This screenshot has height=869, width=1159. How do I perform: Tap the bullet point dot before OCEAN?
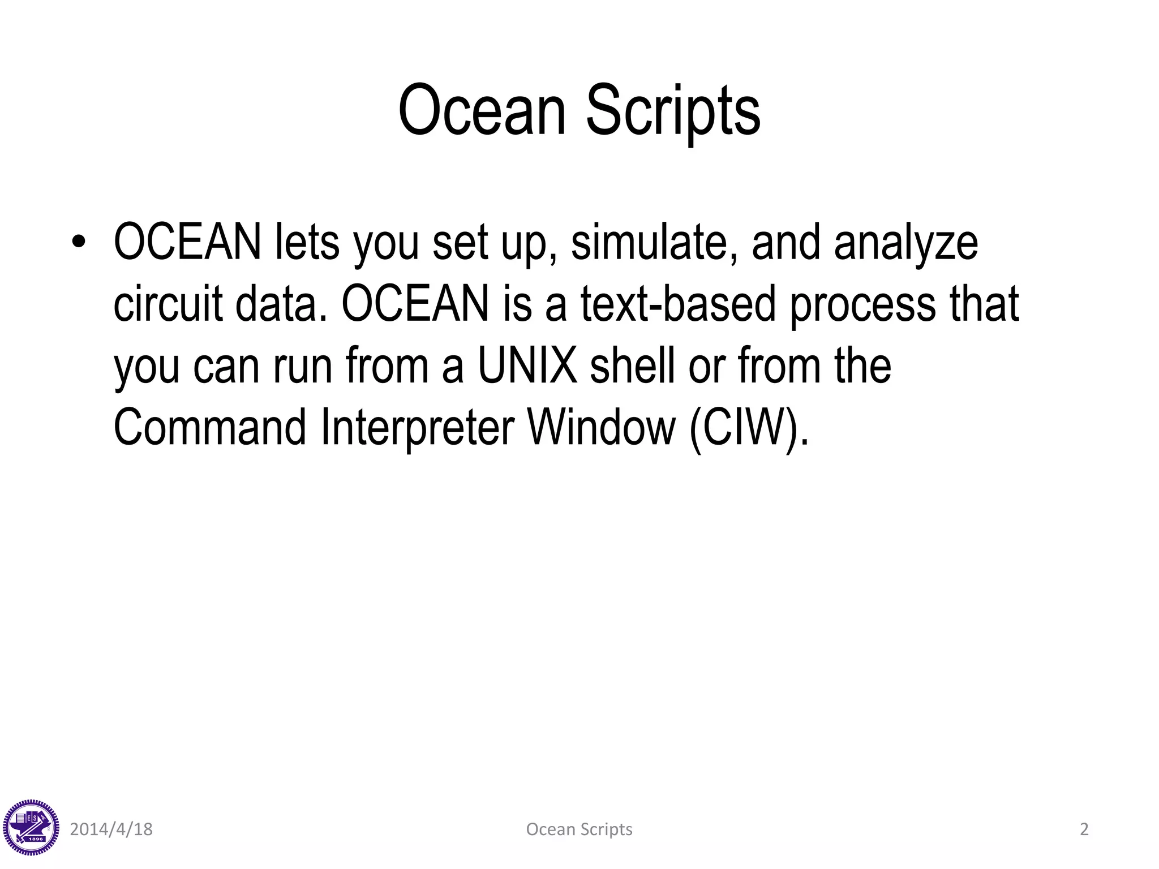[x=79, y=243]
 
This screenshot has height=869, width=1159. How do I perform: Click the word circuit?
[x=168, y=304]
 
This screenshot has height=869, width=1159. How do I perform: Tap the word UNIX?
[x=527, y=365]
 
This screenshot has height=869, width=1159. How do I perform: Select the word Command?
[x=210, y=427]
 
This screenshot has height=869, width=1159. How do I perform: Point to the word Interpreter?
[x=418, y=427]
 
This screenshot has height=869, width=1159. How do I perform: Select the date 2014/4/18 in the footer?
[x=111, y=829]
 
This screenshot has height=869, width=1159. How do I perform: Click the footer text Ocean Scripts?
[x=579, y=829]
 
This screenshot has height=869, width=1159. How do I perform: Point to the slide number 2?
[x=1084, y=829]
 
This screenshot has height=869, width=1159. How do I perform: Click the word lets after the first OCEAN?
[x=307, y=243]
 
